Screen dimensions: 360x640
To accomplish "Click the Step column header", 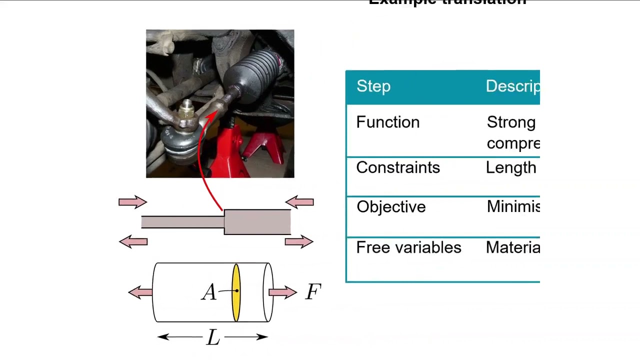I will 373,86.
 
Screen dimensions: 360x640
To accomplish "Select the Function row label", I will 388,122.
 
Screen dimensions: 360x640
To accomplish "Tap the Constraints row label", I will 398,167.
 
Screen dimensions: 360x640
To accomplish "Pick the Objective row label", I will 391,207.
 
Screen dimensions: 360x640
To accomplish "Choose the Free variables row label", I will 408,247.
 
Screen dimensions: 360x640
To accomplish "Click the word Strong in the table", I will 511,122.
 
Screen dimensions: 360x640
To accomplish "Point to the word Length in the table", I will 511,167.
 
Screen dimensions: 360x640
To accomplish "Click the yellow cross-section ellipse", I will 236,292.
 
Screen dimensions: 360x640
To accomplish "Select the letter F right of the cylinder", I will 313,292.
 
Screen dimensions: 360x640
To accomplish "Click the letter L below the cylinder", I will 213,338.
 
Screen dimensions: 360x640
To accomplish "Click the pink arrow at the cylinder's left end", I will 140,292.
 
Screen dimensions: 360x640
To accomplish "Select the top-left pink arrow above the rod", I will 132,202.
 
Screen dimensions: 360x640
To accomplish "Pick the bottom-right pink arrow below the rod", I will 299,242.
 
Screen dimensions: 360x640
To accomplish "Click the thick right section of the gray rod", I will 257,222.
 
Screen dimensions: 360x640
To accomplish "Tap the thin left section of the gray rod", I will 182,222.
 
